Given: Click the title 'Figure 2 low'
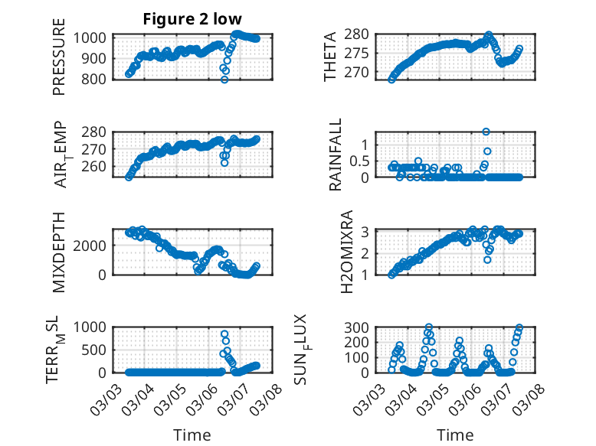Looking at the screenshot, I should pyautogui.click(x=192, y=20).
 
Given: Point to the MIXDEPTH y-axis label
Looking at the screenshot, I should pyautogui.click(x=60, y=252).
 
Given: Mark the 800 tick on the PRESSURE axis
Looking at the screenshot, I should pyautogui.click(x=97, y=79).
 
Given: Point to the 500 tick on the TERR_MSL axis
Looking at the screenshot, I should pyautogui.click(x=97, y=350).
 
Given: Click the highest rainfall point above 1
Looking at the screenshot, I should pyautogui.click(x=486, y=132).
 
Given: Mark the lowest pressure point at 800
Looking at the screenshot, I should pyautogui.click(x=224, y=79).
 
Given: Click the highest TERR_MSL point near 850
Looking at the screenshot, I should pyautogui.click(x=224, y=334).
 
